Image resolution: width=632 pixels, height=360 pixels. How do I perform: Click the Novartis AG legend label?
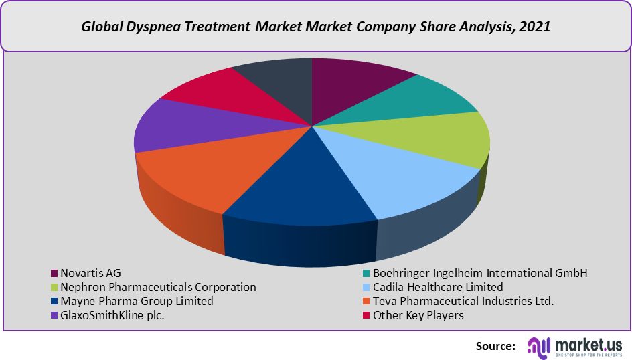tap(90, 273)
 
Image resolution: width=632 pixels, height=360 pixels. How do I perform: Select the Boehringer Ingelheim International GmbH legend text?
tap(479, 273)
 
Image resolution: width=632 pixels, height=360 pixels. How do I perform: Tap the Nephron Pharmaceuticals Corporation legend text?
tap(158, 287)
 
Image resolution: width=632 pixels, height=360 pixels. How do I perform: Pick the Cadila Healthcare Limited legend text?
tap(438, 287)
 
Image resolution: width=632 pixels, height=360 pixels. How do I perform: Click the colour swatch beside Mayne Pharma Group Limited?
tap(54, 302)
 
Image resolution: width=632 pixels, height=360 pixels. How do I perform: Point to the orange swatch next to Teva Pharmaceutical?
tap(366, 302)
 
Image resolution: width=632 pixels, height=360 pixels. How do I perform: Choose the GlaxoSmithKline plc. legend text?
tap(112, 315)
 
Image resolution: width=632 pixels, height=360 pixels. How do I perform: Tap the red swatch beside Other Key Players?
tap(366, 316)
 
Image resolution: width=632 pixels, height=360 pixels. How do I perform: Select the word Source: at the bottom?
tap(495, 346)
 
